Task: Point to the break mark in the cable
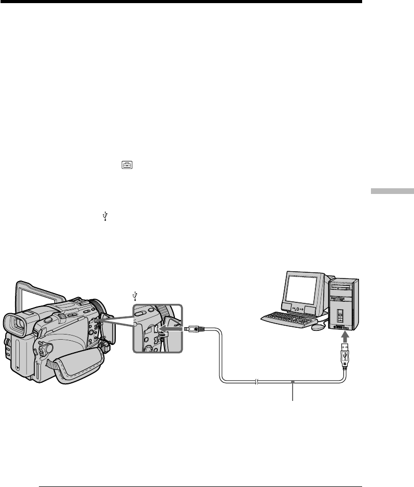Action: click(x=257, y=383)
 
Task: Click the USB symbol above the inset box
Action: click(x=135, y=296)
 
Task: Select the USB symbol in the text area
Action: click(x=105, y=217)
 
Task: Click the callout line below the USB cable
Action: click(x=294, y=392)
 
